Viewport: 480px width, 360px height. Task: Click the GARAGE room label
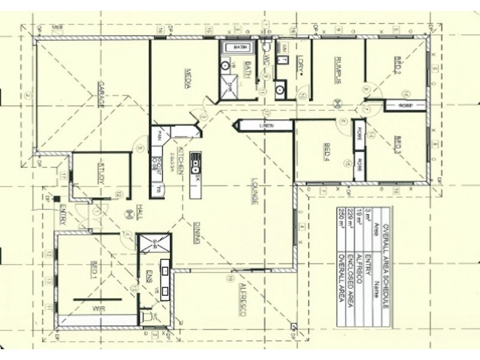tap(103, 94)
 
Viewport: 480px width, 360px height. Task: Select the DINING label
tap(196, 233)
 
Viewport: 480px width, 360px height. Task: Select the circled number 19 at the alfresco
tap(229, 277)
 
